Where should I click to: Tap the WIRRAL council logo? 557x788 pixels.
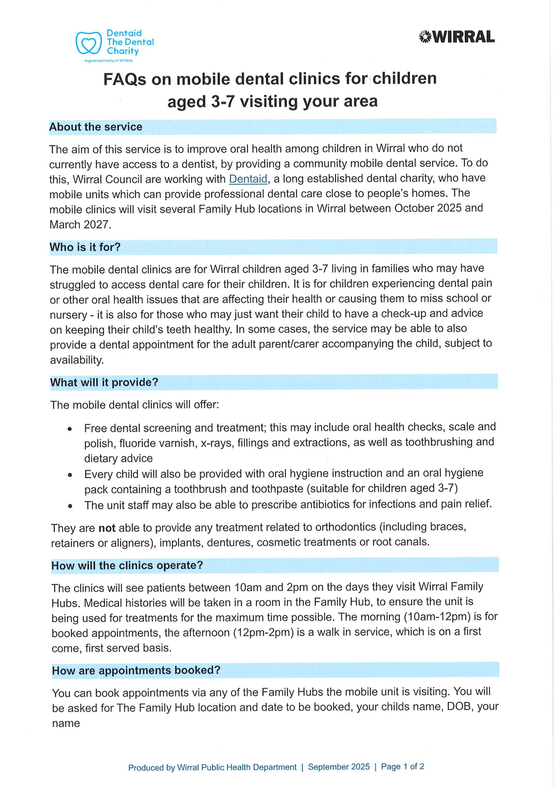click(x=456, y=37)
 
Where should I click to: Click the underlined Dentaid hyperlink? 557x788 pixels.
click(x=248, y=179)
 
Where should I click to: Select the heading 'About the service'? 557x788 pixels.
click(x=95, y=127)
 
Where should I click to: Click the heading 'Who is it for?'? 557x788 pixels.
click(x=85, y=247)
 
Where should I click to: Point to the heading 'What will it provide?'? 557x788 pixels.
click(x=104, y=382)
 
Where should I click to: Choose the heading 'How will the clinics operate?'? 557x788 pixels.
click(x=127, y=565)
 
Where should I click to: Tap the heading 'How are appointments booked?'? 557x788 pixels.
click(x=136, y=670)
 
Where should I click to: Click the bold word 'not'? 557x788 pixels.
click(x=107, y=528)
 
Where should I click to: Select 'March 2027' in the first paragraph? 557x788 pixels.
click(x=80, y=224)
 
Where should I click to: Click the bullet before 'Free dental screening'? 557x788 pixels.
click(x=70, y=429)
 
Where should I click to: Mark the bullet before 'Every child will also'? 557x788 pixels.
click(x=70, y=475)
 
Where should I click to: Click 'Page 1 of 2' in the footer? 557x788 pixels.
click(x=402, y=766)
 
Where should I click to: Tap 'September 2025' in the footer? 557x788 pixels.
click(x=339, y=767)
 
